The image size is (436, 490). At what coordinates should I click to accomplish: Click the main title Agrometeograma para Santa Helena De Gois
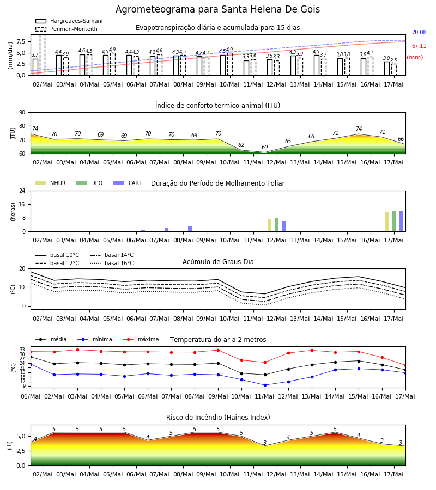tap(217, 9)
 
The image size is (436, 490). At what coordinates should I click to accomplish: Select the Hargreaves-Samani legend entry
tap(69, 21)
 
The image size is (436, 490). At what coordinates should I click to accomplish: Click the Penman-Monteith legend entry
tap(66, 29)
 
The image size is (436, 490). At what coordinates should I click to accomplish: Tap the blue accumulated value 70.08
tap(419, 32)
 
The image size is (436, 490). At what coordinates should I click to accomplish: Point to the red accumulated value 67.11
tap(419, 46)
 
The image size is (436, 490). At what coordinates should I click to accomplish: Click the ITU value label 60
tap(265, 147)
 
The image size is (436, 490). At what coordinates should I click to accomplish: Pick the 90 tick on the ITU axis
tap(22, 113)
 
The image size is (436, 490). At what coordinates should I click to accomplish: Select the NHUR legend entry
tap(51, 183)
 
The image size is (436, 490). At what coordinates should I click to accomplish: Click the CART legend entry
tap(128, 183)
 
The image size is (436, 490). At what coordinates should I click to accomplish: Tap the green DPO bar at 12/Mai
tap(276, 225)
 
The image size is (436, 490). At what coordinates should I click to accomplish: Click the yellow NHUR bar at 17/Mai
tap(386, 222)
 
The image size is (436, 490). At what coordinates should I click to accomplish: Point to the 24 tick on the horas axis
tap(22, 191)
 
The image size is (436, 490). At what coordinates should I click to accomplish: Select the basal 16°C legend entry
tap(112, 263)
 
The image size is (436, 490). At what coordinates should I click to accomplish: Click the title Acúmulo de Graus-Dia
tap(218, 261)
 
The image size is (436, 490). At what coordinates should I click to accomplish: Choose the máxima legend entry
tap(141, 339)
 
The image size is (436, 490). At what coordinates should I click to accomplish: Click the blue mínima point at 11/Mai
tap(265, 385)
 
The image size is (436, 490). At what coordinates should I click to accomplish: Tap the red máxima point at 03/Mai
tap(77, 350)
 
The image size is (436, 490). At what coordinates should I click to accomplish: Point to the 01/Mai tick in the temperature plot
tap(31, 396)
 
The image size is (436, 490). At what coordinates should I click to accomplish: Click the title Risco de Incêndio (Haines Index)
tap(218, 418)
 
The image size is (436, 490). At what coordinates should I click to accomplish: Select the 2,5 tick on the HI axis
tap(21, 451)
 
